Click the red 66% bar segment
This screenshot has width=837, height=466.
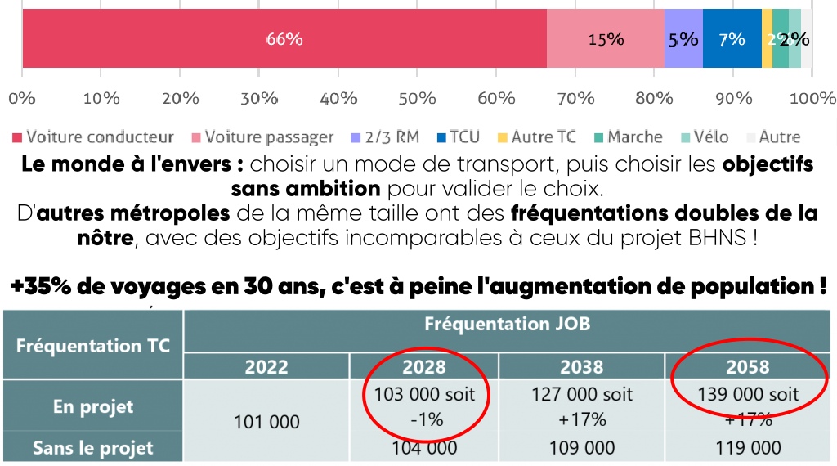(284, 38)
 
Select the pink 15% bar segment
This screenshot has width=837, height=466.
(605, 38)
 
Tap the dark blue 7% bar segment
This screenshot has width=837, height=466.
(732, 38)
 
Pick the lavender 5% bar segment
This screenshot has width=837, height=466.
(683, 38)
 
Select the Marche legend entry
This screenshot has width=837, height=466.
(627, 137)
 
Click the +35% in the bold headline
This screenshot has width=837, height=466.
(40, 287)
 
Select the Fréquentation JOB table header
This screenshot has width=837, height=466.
(507, 325)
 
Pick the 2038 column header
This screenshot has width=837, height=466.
(581, 365)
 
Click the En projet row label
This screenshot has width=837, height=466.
(93, 406)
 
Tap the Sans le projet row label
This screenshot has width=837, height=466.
(93, 448)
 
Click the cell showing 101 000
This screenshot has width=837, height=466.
(266, 422)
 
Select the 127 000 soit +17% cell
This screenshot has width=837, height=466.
(581, 406)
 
